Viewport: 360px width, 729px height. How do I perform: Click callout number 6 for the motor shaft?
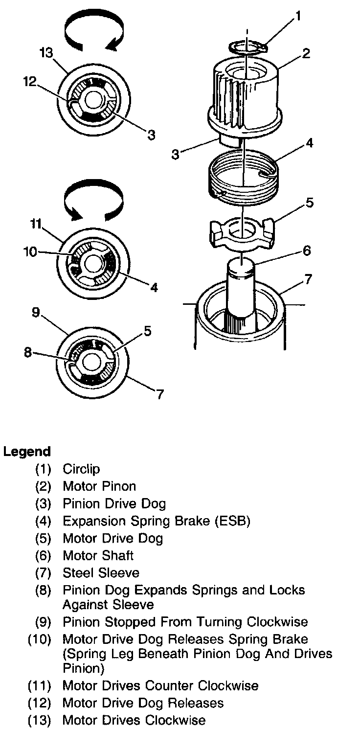coord(306,251)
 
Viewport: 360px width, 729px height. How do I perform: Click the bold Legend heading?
coord(27,452)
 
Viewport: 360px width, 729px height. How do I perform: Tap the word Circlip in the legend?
coord(81,469)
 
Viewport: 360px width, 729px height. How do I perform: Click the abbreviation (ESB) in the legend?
coord(232,521)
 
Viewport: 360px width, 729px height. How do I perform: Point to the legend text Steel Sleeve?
coord(101,573)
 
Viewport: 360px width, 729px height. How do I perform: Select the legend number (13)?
coord(40,720)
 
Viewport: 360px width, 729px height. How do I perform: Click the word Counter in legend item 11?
coord(163,685)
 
